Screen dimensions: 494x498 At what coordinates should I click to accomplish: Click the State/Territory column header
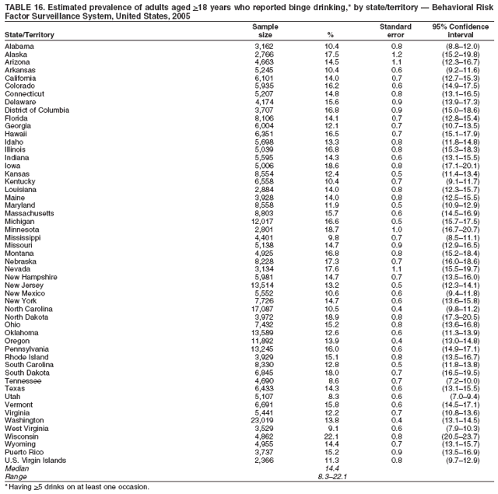pyautogui.click(x=30, y=35)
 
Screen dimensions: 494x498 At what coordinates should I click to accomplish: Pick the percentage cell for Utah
pyautogui.click(x=333, y=394)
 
